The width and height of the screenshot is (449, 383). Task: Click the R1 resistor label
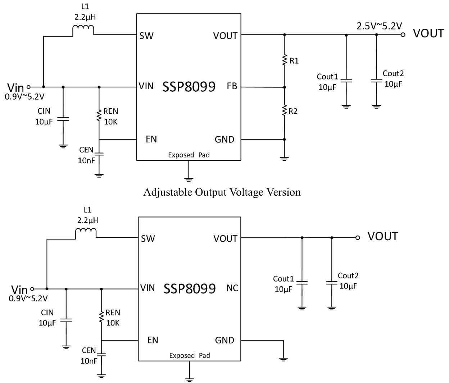294,61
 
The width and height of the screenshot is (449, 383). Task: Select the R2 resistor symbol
284,110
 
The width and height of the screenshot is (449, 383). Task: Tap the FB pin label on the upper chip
232,86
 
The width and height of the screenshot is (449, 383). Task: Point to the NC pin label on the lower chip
232,288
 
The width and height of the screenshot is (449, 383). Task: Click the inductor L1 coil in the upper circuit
83,30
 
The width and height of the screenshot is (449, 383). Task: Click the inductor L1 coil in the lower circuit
86,233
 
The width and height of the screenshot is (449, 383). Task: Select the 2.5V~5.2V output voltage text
379,26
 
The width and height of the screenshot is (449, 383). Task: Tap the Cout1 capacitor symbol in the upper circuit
346,81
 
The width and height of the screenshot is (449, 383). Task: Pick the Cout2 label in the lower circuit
348,276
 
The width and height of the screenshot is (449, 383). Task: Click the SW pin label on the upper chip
146,36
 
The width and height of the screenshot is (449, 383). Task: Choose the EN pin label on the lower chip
153,340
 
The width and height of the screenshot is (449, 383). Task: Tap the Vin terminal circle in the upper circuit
29,87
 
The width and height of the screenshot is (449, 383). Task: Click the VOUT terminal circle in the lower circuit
357,238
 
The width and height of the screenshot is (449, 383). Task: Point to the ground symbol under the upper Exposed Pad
189,179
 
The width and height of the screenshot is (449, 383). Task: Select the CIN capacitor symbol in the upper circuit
63,119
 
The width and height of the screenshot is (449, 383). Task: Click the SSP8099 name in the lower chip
190,288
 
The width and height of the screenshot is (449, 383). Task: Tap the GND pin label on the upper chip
224,140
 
